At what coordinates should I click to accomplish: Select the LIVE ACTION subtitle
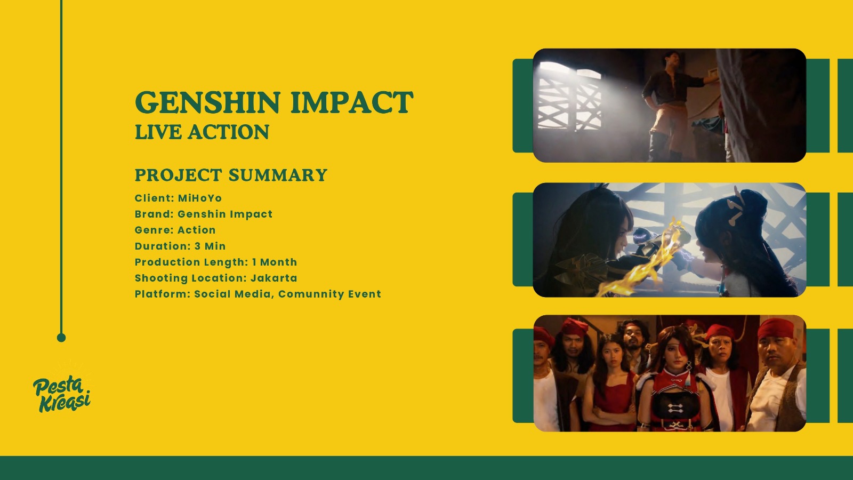point(202,132)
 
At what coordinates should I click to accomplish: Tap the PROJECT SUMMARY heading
point(231,175)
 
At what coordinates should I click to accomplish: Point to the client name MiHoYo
point(200,198)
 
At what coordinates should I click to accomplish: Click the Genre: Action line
point(175,230)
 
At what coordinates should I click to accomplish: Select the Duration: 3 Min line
point(180,246)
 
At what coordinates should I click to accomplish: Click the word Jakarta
point(274,278)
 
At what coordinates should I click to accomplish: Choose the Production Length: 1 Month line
point(216,262)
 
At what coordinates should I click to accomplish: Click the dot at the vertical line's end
point(61,338)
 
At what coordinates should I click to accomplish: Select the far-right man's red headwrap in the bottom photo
point(775,329)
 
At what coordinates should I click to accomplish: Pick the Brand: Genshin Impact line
point(204,214)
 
